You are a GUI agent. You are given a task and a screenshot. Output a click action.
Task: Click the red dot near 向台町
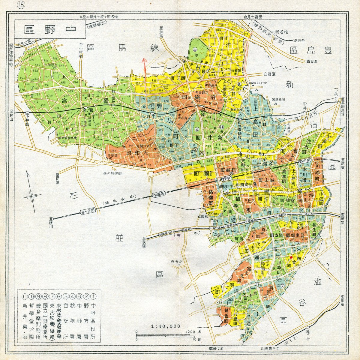click(x=291, y=257)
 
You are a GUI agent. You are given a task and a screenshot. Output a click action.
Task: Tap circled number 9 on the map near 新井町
click(x=197, y=129)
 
